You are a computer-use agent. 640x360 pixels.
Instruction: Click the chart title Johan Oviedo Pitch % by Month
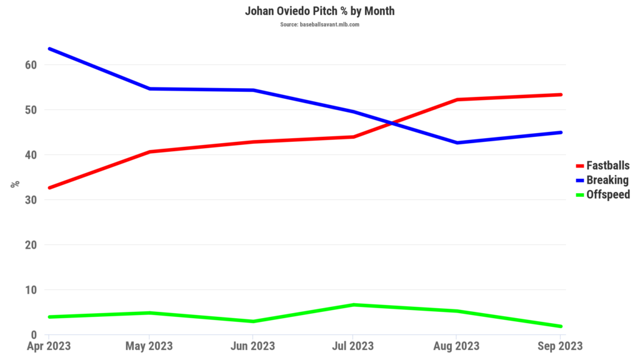[319, 11]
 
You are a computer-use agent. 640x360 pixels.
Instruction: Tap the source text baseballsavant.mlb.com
[319, 24]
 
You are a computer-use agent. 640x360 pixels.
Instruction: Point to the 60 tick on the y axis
[31, 65]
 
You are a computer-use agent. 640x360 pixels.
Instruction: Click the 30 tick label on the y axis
[31, 200]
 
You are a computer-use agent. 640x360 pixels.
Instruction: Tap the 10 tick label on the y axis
[31, 290]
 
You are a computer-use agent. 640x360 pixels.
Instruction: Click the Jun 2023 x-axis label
[251, 346]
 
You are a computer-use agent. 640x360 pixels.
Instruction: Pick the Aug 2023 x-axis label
[457, 346]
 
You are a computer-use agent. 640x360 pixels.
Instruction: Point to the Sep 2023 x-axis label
[561, 346]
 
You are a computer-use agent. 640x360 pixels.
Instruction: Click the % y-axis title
[15, 184]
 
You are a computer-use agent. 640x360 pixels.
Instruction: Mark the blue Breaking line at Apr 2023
[49, 49]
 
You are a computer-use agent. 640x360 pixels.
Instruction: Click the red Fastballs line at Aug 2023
[457, 99]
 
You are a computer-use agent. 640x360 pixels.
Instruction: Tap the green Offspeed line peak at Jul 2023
[354, 304]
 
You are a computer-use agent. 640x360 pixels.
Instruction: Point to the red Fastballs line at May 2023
[150, 151]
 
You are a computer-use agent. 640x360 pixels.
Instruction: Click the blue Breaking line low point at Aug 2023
[457, 142]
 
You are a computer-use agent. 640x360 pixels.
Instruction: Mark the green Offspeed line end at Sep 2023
[561, 326]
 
